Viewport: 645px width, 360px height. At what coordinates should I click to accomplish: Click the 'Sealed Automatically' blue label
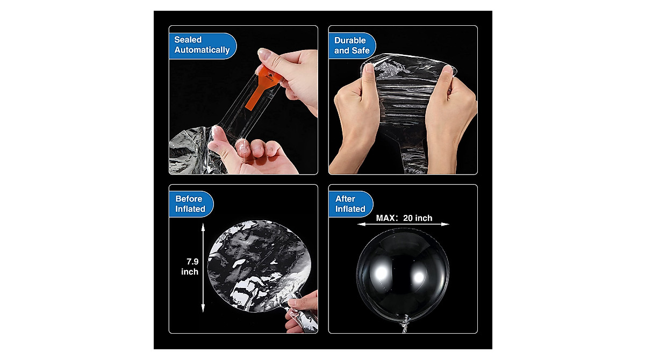coord(203,46)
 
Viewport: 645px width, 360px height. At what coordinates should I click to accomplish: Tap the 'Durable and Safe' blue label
coord(352,46)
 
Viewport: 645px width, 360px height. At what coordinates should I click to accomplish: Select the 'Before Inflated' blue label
coord(191,204)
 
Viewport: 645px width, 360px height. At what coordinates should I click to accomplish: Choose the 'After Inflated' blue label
coord(350,204)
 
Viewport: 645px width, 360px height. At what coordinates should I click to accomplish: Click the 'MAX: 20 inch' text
coord(404,218)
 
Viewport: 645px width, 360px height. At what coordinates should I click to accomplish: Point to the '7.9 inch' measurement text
coord(190,267)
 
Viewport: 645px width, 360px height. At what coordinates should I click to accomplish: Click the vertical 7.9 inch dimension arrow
coord(203,268)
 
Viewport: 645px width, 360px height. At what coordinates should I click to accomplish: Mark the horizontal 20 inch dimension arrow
coord(403,224)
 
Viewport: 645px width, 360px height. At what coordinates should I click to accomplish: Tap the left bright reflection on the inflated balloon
coord(381,272)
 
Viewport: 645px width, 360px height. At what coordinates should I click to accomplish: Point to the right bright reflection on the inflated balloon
coord(418,276)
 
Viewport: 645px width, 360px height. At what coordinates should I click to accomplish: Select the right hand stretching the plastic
coord(450,121)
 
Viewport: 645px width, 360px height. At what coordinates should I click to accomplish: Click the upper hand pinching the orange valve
coord(291,78)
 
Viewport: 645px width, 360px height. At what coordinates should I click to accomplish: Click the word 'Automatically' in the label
coord(202,50)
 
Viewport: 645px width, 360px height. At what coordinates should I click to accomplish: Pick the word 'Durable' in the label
coord(350,40)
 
